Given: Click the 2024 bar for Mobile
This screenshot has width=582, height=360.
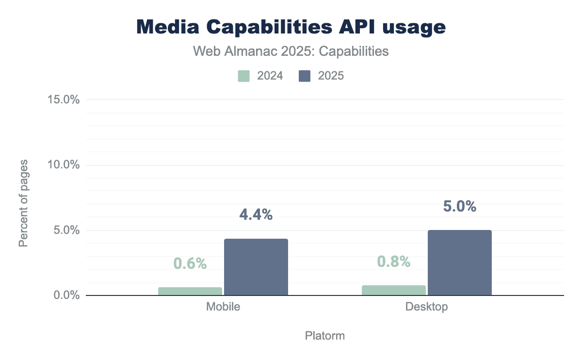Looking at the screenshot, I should [190, 291].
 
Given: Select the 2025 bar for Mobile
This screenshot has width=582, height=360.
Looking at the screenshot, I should [256, 267].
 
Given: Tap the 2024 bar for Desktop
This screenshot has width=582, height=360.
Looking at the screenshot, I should [394, 290].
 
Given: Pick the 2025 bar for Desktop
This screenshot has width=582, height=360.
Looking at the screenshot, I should [460, 262].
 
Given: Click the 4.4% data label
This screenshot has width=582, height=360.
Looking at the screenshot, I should [256, 214].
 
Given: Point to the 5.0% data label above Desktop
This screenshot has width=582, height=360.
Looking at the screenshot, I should [460, 206].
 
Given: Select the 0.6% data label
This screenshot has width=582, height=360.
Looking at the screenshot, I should [190, 263].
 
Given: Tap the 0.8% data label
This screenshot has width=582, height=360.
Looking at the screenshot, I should [394, 262].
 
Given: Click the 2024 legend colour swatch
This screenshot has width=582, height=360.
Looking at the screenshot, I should [244, 76].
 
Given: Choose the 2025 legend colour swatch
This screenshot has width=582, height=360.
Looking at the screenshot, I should [305, 76].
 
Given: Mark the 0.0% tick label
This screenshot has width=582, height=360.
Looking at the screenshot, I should [65, 295].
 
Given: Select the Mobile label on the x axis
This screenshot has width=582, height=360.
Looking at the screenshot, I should [223, 307].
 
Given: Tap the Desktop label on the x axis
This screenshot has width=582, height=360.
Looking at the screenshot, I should [427, 307].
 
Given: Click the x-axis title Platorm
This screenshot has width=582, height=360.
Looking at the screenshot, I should [325, 336].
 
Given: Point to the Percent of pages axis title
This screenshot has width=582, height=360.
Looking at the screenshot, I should [23, 202].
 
